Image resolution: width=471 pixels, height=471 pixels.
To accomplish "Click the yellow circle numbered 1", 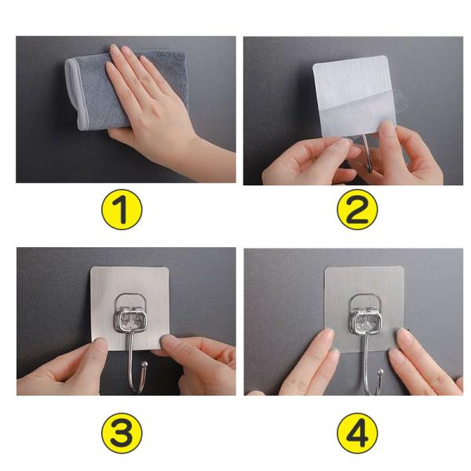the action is point(122,210).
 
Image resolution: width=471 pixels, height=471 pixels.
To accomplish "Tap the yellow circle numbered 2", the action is point(357,210).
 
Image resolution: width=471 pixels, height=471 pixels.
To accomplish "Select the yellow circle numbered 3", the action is point(122,433).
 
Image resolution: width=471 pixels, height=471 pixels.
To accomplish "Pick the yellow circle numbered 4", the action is point(357,433).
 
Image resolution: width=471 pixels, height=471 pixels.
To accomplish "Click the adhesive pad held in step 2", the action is point(355,96).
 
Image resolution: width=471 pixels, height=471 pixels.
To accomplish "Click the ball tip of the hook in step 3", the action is point(144,364).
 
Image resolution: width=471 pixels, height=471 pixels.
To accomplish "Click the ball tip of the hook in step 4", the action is point(381,372).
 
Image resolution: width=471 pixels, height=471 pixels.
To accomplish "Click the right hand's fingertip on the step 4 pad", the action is point(403,336).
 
